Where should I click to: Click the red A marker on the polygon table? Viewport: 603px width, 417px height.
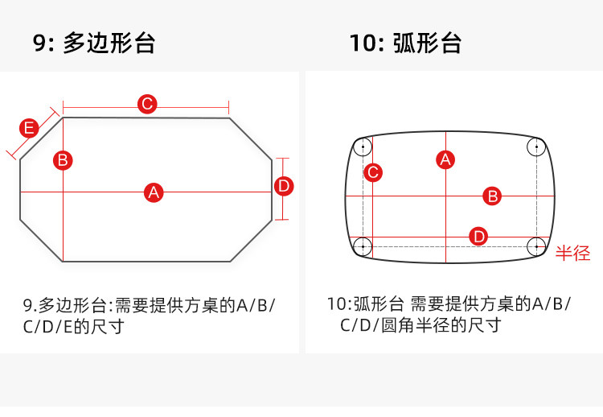click(154, 192)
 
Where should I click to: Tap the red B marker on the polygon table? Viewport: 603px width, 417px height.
click(63, 159)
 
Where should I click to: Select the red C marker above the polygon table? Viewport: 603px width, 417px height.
click(146, 104)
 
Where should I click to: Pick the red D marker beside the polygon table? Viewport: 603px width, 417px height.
click(284, 186)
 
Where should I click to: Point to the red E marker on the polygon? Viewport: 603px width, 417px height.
click(29, 128)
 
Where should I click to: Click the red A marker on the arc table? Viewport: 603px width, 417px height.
click(445, 159)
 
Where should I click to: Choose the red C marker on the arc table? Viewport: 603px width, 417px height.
click(372, 171)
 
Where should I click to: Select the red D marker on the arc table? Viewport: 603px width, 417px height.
click(479, 236)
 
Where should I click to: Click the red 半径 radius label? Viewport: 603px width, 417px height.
click(573, 254)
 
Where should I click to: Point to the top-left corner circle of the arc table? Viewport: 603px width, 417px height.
click(363, 147)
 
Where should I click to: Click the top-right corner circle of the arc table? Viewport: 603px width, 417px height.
click(536, 147)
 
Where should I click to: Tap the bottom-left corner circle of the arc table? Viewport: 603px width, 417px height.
click(363, 246)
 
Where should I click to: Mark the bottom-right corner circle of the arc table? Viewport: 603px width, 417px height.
click(536, 246)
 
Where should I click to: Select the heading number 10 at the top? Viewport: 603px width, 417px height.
click(360, 43)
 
